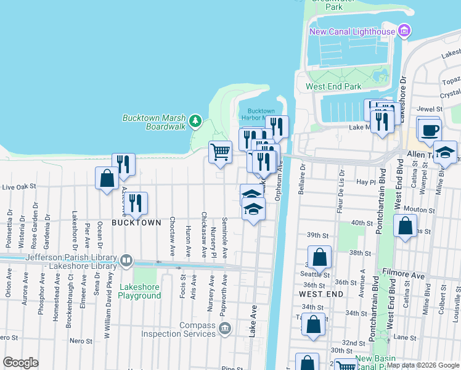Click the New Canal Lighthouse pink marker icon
tap(404, 31)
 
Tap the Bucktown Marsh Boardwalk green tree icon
tap(195, 120)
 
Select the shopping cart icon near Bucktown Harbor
tap(220, 151)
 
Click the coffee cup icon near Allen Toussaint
tap(430, 129)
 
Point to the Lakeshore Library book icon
tap(126, 260)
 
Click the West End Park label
tap(333, 87)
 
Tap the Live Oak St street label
tap(20, 186)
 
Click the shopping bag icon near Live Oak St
tap(107, 178)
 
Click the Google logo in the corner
tap(20, 363)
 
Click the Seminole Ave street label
tap(225, 237)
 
